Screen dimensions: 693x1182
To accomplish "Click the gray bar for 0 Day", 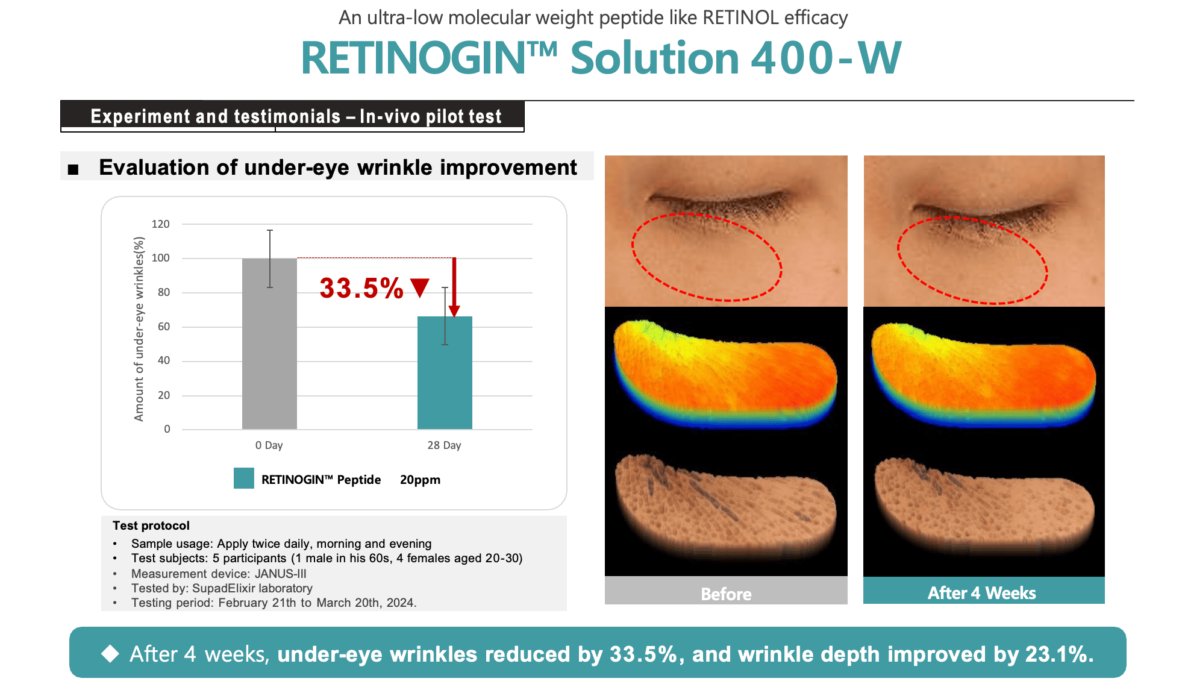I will click(x=269, y=343).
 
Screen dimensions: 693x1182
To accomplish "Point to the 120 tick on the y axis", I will click(x=161, y=224).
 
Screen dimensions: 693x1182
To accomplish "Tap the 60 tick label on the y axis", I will click(x=163, y=327).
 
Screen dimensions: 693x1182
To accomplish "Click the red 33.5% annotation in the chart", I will click(x=361, y=288).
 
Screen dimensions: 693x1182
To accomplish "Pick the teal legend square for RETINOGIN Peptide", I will click(x=244, y=478).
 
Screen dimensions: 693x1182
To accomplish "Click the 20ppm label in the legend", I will click(x=420, y=480).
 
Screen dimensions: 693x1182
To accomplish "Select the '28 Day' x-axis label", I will click(x=444, y=445).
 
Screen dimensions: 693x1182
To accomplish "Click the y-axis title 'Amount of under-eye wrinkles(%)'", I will click(x=139, y=329).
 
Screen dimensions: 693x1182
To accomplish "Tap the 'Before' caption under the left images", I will click(x=726, y=594).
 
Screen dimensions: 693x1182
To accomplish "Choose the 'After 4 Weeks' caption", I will click(x=981, y=593).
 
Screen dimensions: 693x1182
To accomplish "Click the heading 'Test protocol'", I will click(x=151, y=525).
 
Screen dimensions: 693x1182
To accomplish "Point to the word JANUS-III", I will click(x=280, y=574).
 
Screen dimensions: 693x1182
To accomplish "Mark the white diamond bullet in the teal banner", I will click(x=110, y=653).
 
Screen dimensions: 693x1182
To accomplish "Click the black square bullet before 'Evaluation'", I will click(x=73, y=169).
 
